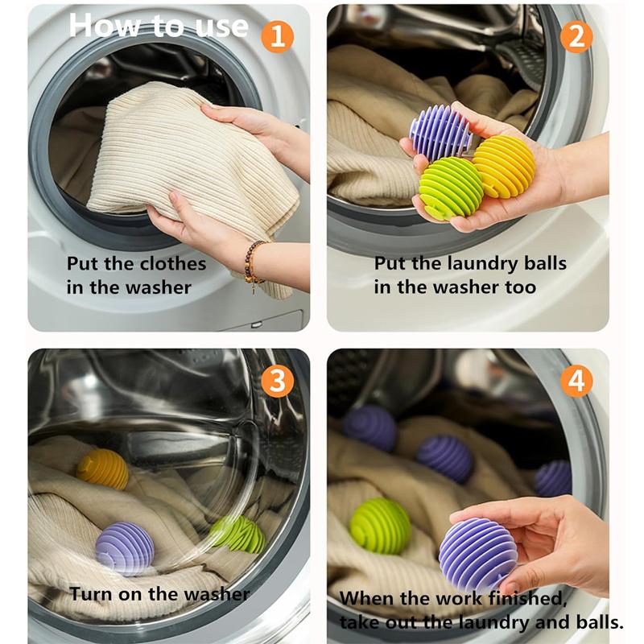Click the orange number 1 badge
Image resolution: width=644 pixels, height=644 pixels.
pyautogui.click(x=277, y=36)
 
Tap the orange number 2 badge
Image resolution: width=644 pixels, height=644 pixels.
pyautogui.click(x=576, y=36)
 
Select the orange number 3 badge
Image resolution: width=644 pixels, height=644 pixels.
pyautogui.click(x=277, y=381)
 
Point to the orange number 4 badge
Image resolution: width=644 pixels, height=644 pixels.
pyautogui.click(x=576, y=381)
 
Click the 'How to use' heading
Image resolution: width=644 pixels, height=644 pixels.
pyautogui.click(x=159, y=26)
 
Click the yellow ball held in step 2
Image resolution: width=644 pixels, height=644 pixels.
pyautogui.click(x=504, y=166)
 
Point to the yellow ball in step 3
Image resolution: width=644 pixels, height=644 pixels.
pyautogui.click(x=102, y=469)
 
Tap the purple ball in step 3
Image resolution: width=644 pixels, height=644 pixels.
pyautogui.click(x=125, y=548)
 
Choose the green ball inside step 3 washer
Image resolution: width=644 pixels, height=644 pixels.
pyautogui.click(x=238, y=533)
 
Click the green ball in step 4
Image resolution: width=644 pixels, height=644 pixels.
pyautogui.click(x=380, y=526)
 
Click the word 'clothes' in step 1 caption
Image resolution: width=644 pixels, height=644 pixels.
pyautogui.click(x=169, y=264)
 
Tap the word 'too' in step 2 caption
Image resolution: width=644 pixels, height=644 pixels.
pyautogui.click(x=519, y=287)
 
